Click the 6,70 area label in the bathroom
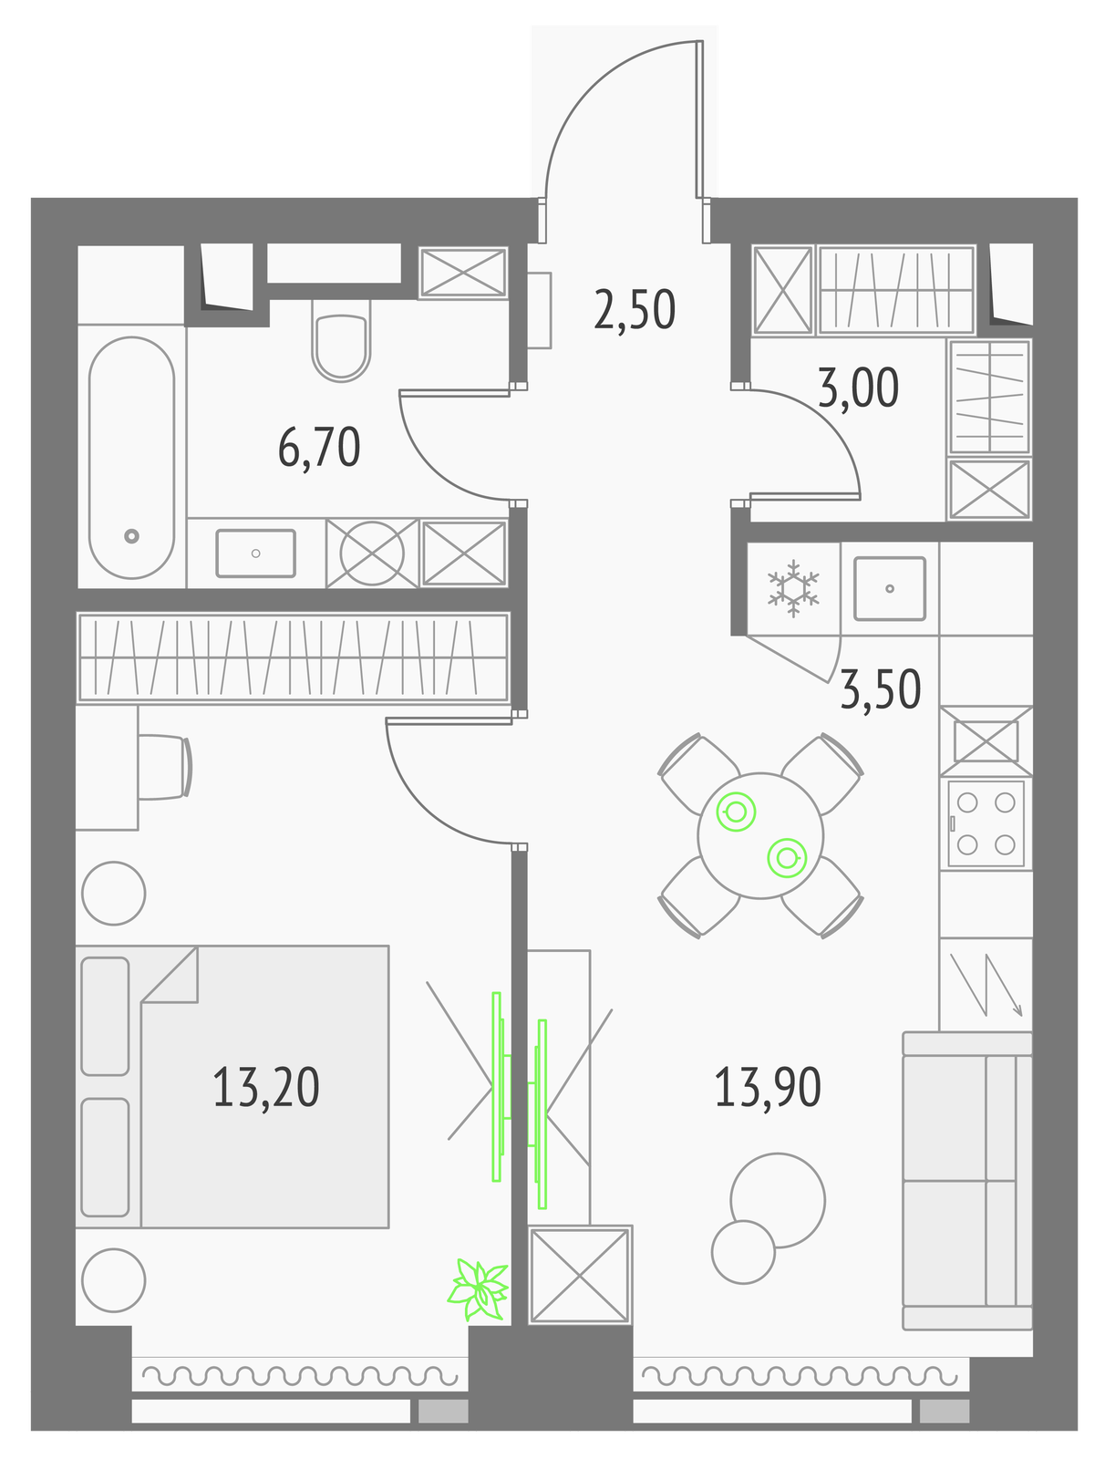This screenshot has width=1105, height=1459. tap(319, 448)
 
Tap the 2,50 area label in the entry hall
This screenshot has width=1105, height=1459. tap(635, 310)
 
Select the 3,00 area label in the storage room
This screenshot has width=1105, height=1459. tap(858, 388)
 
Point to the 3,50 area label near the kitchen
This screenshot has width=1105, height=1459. tap(881, 690)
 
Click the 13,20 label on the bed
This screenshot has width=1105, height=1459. tap(266, 1088)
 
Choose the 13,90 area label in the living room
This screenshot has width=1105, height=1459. tap(768, 1088)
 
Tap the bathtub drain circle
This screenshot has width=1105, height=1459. tap(131, 536)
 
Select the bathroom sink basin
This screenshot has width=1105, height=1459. tap(256, 553)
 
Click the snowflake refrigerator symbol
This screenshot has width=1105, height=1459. tap(793, 588)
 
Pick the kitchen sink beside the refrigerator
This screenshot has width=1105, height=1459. tap(890, 588)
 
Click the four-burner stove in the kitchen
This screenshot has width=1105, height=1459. tap(986, 823)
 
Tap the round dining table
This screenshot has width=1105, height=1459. tap(760, 835)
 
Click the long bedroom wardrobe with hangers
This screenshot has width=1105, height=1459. tap(293, 657)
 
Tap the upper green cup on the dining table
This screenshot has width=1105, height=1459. tap(737, 812)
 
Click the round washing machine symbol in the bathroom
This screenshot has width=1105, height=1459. tap(372, 553)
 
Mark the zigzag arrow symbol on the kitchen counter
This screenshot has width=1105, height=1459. tap(986, 985)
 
